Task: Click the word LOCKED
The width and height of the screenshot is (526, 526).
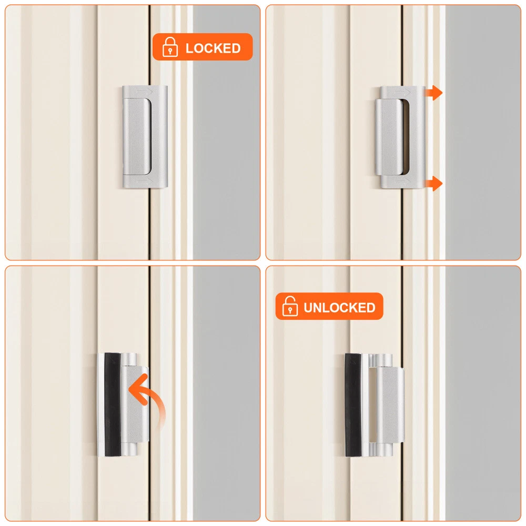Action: coord(213,48)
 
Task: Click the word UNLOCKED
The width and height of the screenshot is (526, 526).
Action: coord(339,308)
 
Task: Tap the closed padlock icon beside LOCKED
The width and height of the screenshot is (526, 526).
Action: coord(170,47)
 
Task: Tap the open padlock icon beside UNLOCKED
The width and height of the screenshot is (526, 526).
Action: coord(290,306)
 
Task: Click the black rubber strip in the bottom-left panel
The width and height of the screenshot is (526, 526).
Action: coord(113,404)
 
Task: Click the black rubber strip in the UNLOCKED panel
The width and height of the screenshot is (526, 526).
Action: coord(353,405)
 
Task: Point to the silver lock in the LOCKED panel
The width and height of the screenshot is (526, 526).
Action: coord(145,137)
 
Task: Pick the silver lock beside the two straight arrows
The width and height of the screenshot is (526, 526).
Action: coord(400,137)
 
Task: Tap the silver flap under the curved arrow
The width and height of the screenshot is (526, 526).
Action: coord(135,404)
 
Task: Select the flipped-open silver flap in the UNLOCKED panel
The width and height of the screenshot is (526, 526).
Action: coord(390,405)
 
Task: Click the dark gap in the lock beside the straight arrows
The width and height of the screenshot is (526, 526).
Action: coord(405,137)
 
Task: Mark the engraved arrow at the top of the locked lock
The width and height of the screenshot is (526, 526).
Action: coord(145,91)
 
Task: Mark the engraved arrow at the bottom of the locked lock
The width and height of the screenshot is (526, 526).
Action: coord(145,181)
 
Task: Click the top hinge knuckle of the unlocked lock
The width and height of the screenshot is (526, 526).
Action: coord(380,360)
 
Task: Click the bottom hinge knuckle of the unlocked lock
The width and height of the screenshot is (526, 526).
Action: coord(380,450)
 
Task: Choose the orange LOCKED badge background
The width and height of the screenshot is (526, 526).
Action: coord(203,47)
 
